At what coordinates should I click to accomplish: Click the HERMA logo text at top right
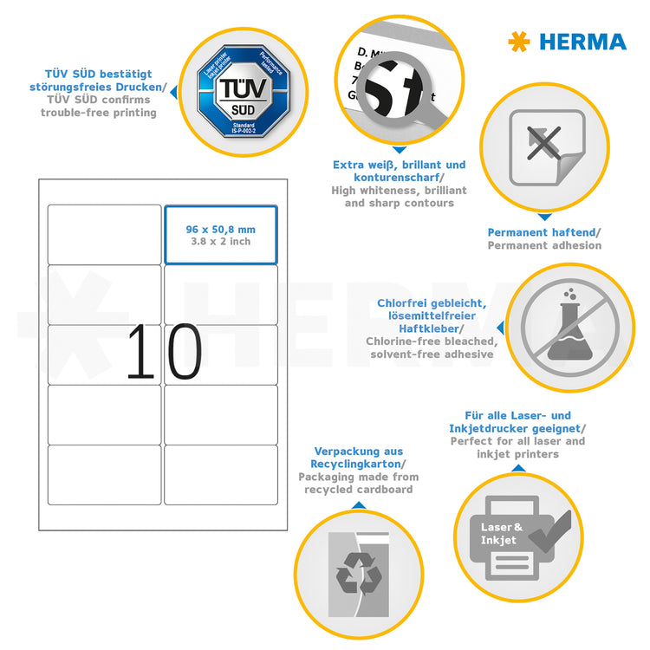(x=582, y=42)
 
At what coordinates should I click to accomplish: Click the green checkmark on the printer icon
(x=550, y=530)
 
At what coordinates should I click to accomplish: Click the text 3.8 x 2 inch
(x=220, y=242)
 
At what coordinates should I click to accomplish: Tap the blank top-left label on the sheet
(x=104, y=234)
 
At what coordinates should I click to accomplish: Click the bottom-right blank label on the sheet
(x=221, y=474)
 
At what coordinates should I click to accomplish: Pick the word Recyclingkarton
(x=356, y=465)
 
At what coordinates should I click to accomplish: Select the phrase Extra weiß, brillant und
(x=399, y=165)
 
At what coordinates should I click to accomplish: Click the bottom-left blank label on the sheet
(x=104, y=474)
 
